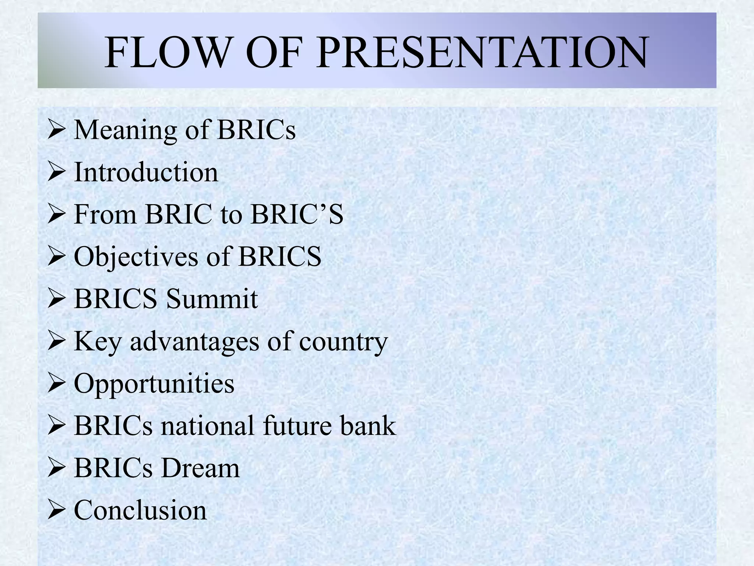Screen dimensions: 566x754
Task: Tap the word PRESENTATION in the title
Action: [482, 52]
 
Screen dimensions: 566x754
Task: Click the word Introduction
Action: [146, 172]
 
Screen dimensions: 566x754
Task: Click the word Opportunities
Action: [154, 384]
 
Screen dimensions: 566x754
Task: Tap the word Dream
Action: [200, 468]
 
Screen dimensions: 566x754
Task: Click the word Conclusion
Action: [140, 510]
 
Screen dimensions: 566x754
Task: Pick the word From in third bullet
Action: [105, 214]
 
